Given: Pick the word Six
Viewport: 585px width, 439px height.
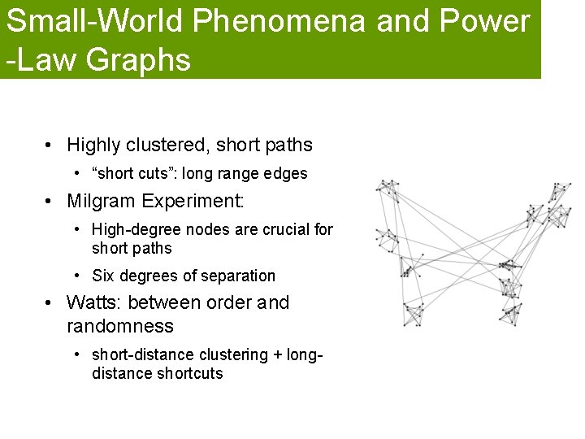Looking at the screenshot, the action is pyautogui.click(x=103, y=276).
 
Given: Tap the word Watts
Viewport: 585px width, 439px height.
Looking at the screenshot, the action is pyautogui.click(x=92, y=303).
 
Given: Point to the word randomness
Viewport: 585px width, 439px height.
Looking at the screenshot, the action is pyautogui.click(x=120, y=327).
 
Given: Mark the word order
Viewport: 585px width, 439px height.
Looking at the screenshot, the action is pyautogui.click(x=227, y=303).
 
